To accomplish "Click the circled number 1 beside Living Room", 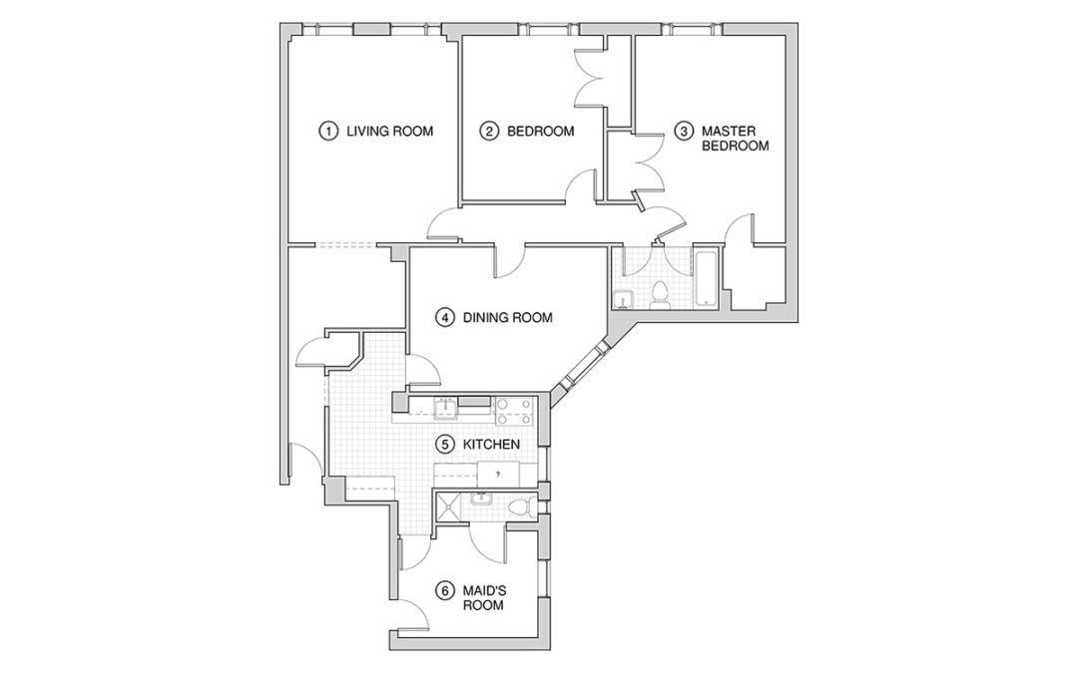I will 325,131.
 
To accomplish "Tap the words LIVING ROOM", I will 389,131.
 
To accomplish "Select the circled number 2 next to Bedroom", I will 488,131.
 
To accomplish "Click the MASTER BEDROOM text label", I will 736,138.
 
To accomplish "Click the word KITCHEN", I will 490,443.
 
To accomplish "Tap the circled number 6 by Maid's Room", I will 444,589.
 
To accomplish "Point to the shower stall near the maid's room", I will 449,507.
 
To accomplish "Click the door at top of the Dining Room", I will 508,261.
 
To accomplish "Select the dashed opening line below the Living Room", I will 343,244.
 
